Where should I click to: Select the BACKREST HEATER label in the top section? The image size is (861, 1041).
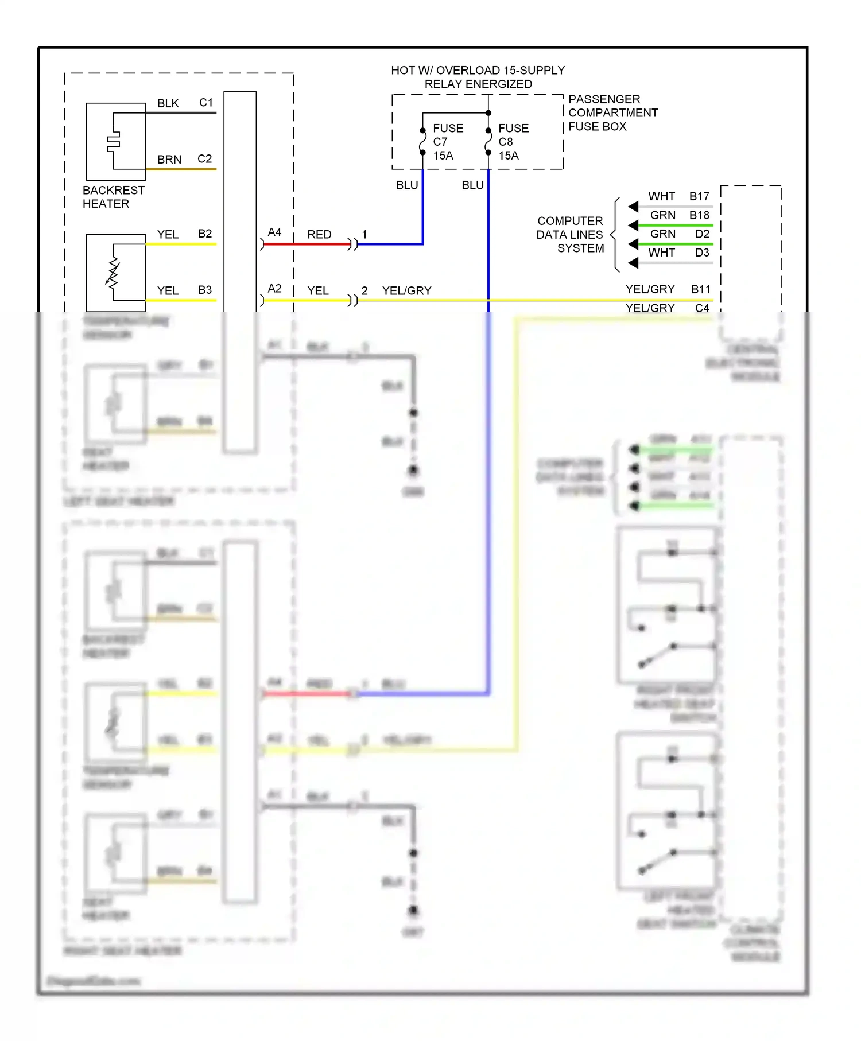tap(113, 197)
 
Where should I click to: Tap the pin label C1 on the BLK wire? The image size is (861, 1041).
tap(205, 103)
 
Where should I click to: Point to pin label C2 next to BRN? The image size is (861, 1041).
tap(204, 159)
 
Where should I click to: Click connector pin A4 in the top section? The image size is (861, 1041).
tap(274, 232)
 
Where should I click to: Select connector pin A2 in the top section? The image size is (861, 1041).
tap(274, 289)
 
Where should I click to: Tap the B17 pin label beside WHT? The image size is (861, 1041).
tap(699, 196)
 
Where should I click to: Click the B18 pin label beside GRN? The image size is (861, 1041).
tap(699, 215)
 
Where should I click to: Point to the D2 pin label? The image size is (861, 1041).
tap(702, 234)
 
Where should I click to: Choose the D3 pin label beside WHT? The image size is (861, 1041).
tap(702, 253)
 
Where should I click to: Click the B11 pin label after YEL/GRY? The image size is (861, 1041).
tap(700, 289)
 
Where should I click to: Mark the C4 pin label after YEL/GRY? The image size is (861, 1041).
tap(702, 308)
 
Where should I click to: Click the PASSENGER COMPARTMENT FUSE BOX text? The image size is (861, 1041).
tap(612, 113)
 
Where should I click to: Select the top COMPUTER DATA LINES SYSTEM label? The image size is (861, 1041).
tap(570, 235)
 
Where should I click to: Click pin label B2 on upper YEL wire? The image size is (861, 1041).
tap(204, 234)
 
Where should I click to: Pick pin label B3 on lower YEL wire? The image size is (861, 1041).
tap(204, 290)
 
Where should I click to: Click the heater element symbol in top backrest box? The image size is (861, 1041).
tap(114, 141)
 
